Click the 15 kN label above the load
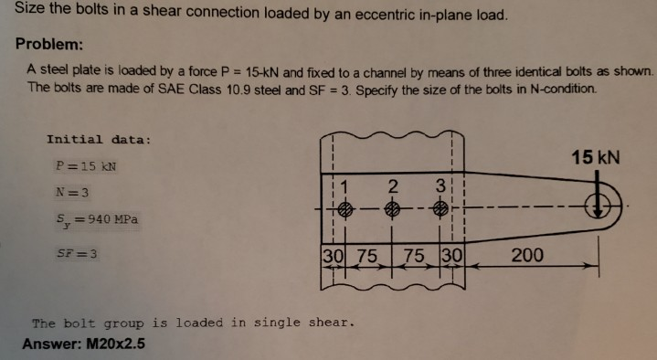[x=595, y=156]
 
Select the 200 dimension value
[x=528, y=255]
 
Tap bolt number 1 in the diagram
[x=343, y=208]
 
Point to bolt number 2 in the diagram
[x=392, y=208]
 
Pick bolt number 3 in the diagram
[x=440, y=208]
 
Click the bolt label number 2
[x=392, y=187]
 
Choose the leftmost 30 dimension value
[x=332, y=256]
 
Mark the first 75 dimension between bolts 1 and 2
[x=367, y=256]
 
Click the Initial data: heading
[x=98, y=140]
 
